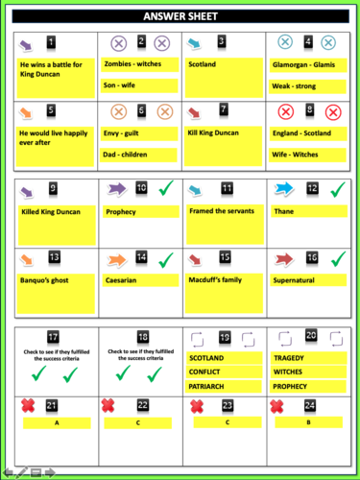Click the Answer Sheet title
click(x=180, y=16)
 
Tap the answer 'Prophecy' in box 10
click(x=121, y=212)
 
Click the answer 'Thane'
click(x=285, y=212)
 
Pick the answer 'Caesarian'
click(x=123, y=280)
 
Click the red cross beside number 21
click(x=32, y=407)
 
